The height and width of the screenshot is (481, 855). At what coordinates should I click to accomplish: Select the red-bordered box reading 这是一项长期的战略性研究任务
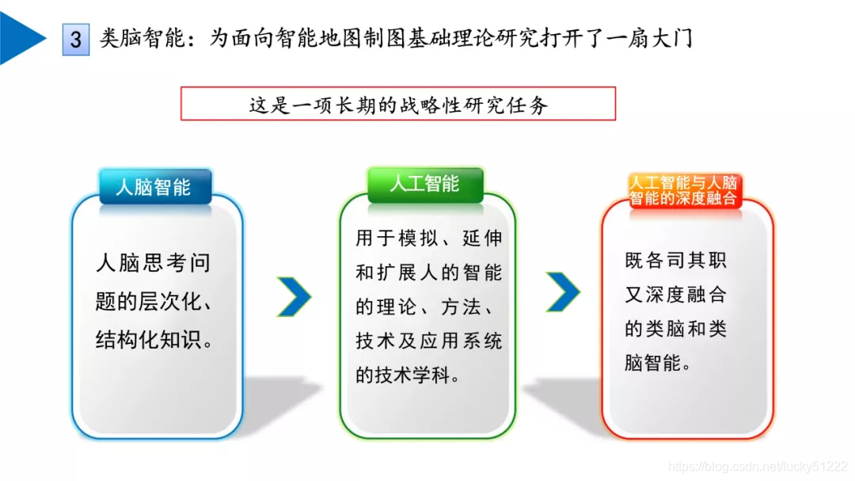coord(398,104)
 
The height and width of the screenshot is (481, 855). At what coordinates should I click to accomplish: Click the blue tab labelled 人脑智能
coord(154,188)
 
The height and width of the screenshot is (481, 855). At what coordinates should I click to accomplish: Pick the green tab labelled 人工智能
coord(424,184)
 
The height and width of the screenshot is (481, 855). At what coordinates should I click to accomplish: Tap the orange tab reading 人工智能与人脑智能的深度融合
coord(683,191)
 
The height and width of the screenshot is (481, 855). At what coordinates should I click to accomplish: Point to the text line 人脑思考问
coord(154,263)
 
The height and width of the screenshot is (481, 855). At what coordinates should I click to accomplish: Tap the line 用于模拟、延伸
coord(428,238)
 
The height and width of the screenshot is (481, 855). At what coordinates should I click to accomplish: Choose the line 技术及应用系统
coord(428,341)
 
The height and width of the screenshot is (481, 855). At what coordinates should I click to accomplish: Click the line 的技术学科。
coord(408,376)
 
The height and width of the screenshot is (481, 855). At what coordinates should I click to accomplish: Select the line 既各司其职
coord(675,261)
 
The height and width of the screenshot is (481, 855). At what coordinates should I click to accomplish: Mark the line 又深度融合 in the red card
coord(675,295)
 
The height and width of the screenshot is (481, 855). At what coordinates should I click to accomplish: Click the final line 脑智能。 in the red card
coord(658,364)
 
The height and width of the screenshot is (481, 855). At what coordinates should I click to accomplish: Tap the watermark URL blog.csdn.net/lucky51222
coord(758,468)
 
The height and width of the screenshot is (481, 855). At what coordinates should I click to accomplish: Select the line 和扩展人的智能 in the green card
coord(428,273)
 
